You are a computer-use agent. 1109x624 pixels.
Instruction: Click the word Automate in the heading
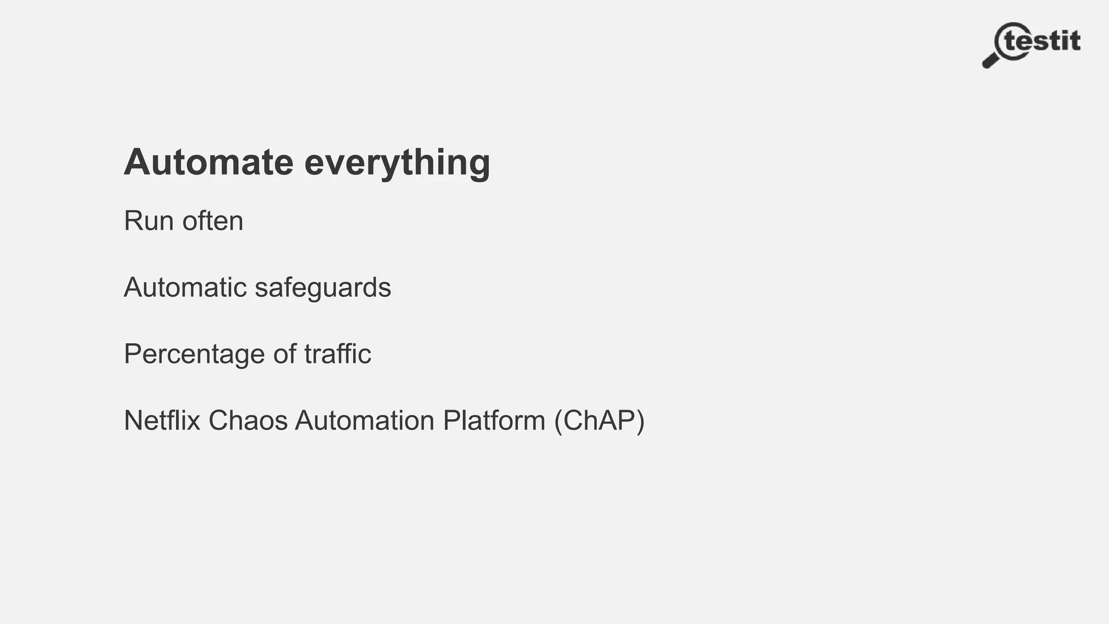[208, 162]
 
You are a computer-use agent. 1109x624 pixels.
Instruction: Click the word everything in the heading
[397, 162]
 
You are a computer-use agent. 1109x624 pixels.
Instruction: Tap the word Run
[148, 221]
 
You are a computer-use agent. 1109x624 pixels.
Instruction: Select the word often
[213, 221]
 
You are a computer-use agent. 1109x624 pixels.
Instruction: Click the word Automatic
[185, 287]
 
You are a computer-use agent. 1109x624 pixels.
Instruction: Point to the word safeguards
[323, 287]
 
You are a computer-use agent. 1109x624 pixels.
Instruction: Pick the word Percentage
[194, 354]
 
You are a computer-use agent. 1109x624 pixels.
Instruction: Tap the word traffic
[337, 354]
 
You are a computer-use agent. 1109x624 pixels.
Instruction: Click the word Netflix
[162, 420]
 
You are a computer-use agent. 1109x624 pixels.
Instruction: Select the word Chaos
[248, 420]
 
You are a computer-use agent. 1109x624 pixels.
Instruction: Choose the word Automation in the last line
[364, 420]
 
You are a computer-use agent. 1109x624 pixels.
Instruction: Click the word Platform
[494, 420]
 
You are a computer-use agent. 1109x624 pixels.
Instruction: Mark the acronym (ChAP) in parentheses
[599, 420]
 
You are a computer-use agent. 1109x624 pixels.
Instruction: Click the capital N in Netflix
[133, 420]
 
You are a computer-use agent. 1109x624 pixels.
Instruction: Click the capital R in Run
[133, 221]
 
